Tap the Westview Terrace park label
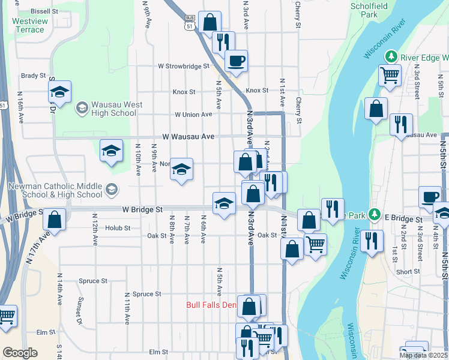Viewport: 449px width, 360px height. point(28,25)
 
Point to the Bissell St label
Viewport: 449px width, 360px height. point(44,11)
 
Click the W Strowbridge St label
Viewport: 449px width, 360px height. point(183,66)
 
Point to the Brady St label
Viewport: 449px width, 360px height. point(34,76)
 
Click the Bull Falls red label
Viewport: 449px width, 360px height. point(212,305)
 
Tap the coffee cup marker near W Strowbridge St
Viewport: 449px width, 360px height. point(236,60)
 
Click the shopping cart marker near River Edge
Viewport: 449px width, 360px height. point(390,76)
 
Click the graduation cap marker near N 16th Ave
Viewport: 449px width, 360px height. point(59,92)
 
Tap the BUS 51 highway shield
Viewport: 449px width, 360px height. point(190,22)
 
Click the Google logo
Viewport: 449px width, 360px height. point(19,353)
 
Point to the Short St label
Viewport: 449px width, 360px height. point(408,272)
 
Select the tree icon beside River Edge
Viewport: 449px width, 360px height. point(391,56)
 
